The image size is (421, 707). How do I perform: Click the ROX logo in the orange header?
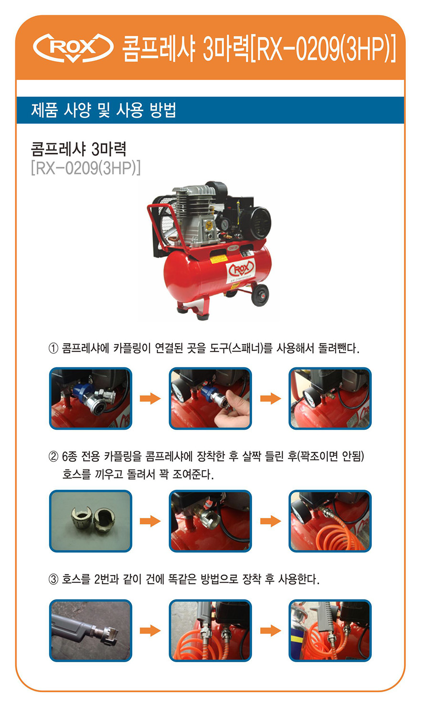[x=74, y=48]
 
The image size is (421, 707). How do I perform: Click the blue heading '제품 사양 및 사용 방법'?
[x=104, y=110]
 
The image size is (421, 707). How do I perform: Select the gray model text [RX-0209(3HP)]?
[x=85, y=168]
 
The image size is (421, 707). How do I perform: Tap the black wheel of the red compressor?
[x=260, y=295]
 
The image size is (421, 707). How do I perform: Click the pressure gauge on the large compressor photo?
[x=224, y=224]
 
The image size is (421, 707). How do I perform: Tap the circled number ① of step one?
[x=53, y=348]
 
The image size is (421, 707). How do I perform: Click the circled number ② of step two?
[x=53, y=457]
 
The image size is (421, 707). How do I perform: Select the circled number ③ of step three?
[x=53, y=579]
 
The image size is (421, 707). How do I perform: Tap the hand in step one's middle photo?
[x=231, y=411]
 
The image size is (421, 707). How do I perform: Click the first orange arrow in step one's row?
[x=150, y=398]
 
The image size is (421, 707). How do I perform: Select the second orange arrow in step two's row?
[x=271, y=521]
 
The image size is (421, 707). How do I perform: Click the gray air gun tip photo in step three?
[x=91, y=630]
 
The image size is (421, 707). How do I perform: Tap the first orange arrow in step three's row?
[x=150, y=631]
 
